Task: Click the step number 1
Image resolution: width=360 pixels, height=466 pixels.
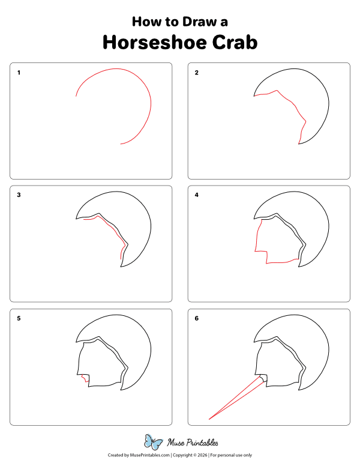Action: click(19, 73)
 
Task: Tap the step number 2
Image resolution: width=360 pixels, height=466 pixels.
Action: click(196, 73)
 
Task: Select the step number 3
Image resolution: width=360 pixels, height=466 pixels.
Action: click(19, 195)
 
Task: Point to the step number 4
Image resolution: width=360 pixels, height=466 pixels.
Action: click(196, 195)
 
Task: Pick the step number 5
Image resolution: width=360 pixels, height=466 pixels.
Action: click(19, 318)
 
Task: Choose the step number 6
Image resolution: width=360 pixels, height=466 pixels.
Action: click(196, 318)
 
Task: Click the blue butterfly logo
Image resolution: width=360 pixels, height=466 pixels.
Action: click(153, 443)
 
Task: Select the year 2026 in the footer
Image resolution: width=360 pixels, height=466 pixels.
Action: click(202, 455)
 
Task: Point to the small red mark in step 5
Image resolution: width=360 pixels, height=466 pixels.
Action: click(85, 379)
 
